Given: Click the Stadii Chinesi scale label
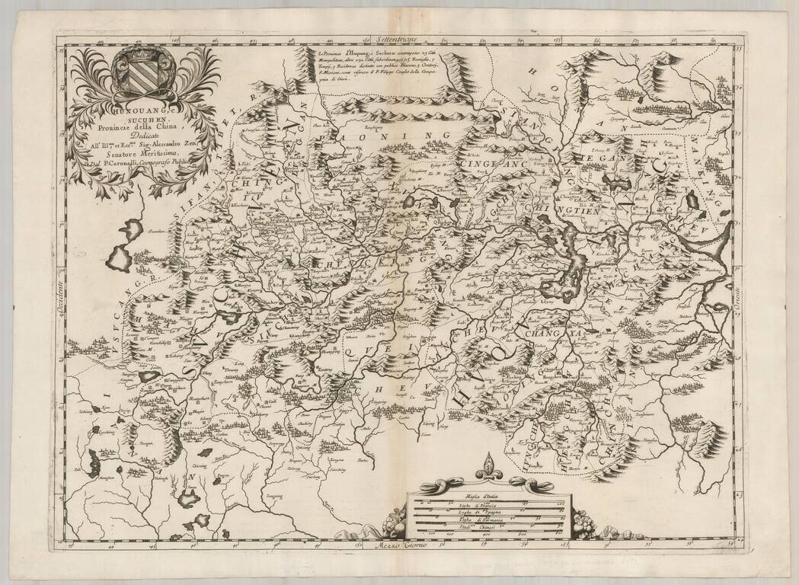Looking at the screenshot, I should [x=488, y=528].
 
